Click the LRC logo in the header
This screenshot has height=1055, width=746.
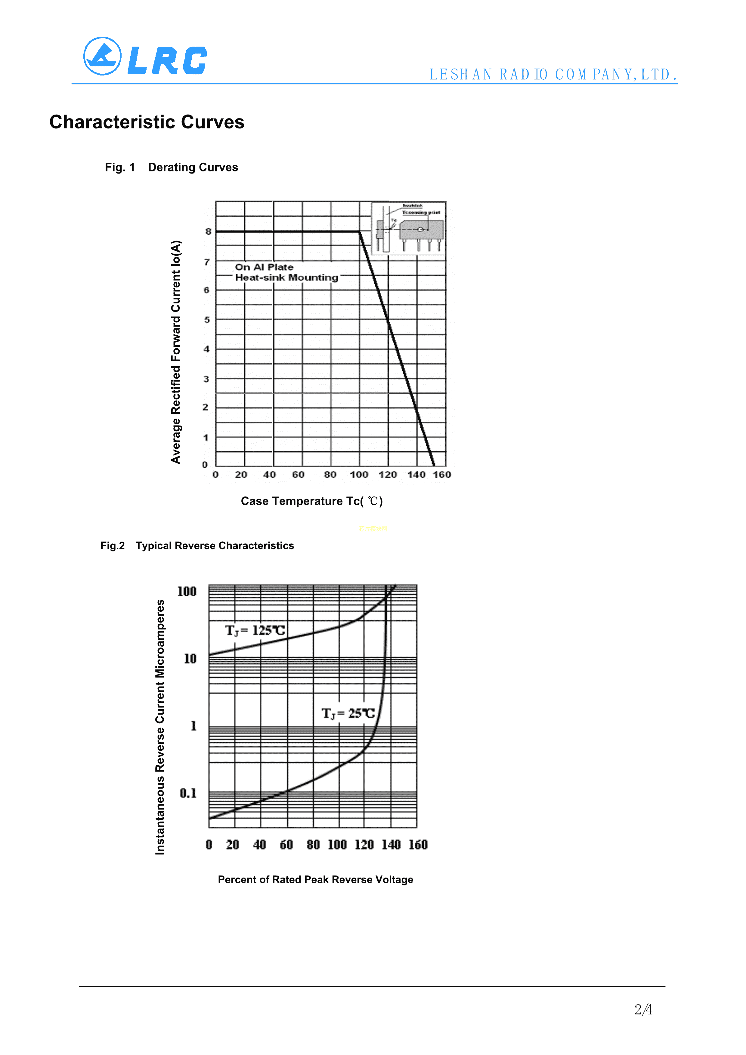pos(145,57)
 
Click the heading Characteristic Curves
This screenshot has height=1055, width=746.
pos(147,122)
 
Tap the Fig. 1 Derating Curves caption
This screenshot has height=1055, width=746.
pos(171,167)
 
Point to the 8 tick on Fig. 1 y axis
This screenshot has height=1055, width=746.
pos(208,232)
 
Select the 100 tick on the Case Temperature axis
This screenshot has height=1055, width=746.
pos(358,475)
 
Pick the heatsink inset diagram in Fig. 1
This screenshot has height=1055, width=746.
pos(408,228)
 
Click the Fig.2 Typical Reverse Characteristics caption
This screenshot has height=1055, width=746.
pos(197,546)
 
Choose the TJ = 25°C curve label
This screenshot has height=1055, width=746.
pos(348,714)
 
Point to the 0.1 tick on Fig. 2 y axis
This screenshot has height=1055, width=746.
pos(188,793)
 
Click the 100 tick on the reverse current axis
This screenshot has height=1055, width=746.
pos(187,591)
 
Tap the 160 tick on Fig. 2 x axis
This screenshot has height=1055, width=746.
pos(418,844)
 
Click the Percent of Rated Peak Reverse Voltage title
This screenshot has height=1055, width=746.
pos(315,879)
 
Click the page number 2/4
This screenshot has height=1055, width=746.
pos(643,1010)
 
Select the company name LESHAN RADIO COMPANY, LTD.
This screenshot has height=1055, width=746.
pos(553,75)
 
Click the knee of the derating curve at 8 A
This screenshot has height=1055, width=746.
pos(359,232)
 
